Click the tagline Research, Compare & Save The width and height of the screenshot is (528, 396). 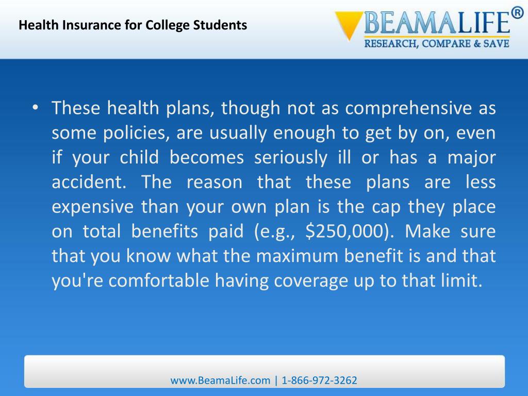(437, 43)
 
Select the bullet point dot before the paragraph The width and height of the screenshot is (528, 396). (35, 108)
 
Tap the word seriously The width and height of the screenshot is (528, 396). (290, 158)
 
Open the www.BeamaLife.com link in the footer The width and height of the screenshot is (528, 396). (221, 381)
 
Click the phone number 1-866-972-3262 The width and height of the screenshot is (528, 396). (320, 381)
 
